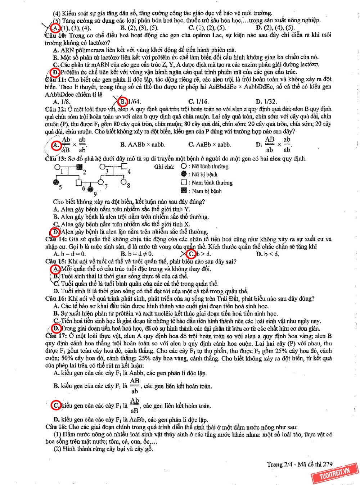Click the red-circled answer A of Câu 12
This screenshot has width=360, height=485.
click(56, 145)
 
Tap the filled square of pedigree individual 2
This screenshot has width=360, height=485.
click(80, 167)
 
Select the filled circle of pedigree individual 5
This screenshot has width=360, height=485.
click(56, 182)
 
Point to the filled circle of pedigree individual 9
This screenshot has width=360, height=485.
click(91, 189)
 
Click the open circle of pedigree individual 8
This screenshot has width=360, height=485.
click(123, 182)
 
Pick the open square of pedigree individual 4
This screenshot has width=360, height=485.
click(125, 167)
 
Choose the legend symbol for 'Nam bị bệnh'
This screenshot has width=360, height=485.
click(184, 191)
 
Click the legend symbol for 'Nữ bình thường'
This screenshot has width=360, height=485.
click(184, 166)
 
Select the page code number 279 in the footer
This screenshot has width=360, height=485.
click(328, 464)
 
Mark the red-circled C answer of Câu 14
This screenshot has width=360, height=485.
click(191, 254)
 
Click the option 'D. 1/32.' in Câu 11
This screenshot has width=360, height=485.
click(266, 101)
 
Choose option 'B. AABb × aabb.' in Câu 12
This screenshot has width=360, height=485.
click(143, 145)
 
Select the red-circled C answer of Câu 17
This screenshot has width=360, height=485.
click(56, 405)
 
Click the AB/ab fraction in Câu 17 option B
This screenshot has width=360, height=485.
click(135, 386)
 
